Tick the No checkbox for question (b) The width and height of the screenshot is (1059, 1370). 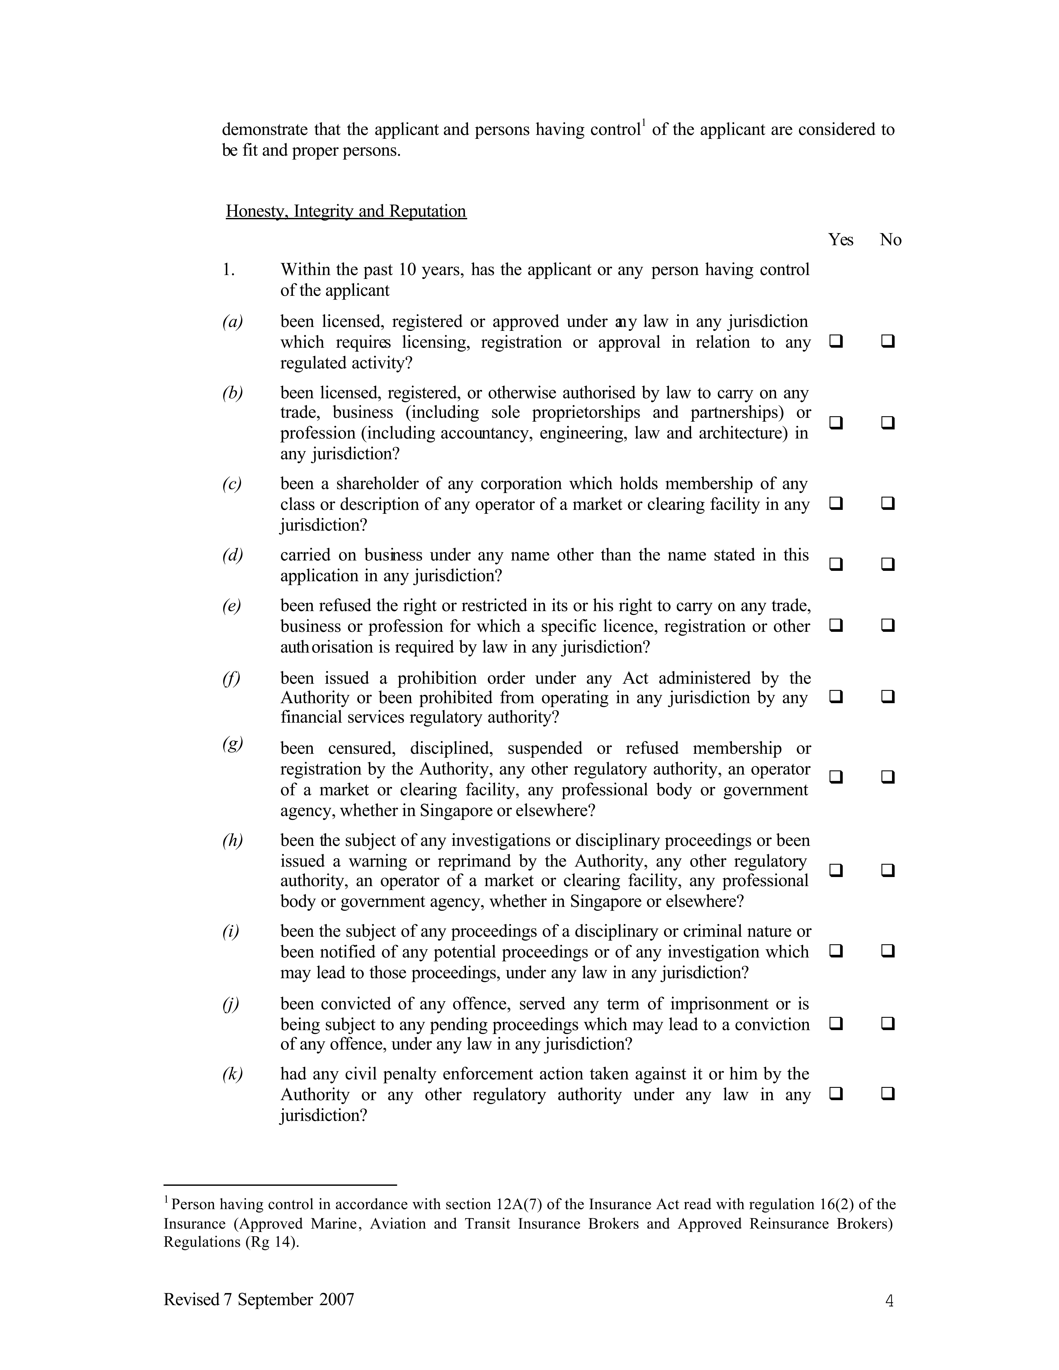888,423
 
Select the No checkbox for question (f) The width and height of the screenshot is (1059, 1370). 888,697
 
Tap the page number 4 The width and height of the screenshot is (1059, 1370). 889,1301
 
